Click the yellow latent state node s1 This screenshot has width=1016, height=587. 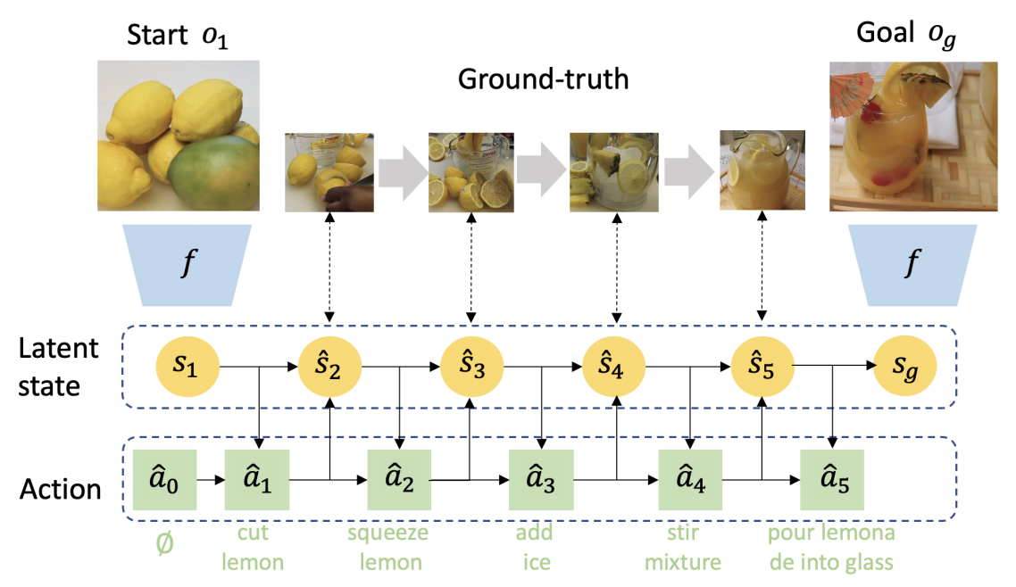coord(187,367)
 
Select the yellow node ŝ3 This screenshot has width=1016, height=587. coord(471,367)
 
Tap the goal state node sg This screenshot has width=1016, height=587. coord(904,367)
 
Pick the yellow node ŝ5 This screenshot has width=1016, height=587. coord(762,367)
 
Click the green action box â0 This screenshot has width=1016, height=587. coord(164,480)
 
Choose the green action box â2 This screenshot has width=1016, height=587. coord(399,480)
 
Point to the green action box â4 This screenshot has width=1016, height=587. coord(691,480)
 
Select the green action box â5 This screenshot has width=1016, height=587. coord(832,480)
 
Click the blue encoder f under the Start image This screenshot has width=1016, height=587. coord(187,265)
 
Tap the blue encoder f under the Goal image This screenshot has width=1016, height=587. coord(912,265)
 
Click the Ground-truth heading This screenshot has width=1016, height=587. coord(543,79)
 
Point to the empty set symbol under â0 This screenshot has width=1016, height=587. coord(164,543)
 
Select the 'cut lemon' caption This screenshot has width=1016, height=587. coord(253,548)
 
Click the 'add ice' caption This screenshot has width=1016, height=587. coord(535,548)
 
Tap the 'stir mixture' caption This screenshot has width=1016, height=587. coord(683,548)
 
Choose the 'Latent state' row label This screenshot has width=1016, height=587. coord(58,367)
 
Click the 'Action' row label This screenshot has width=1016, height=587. coord(60,489)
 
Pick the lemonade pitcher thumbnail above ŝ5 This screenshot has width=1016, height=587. coord(762,170)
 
